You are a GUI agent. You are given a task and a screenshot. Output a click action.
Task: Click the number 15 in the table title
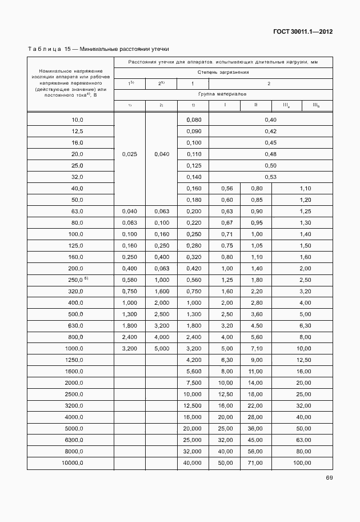(67, 50)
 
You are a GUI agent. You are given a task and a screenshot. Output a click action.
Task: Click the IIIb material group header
(315, 105)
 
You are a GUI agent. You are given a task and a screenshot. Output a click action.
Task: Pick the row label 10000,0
(72, 462)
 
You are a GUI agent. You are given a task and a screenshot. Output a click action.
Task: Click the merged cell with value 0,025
(130, 154)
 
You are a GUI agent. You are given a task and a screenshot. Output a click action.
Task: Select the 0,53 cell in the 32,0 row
(270, 177)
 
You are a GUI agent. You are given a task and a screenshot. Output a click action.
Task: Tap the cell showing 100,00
(302, 462)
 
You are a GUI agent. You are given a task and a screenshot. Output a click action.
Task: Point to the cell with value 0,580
(130, 279)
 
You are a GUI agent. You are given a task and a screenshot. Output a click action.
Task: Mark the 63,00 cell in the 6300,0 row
(302, 439)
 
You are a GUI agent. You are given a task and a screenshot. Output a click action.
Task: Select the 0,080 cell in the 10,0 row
(194, 119)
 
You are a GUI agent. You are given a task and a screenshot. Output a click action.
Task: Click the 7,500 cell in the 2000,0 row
(194, 382)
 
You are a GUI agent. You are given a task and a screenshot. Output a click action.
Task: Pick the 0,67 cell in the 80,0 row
(225, 222)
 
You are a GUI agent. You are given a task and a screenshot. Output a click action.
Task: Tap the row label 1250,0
(73, 359)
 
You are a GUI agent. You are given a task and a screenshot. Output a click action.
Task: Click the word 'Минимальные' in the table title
(101, 50)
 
